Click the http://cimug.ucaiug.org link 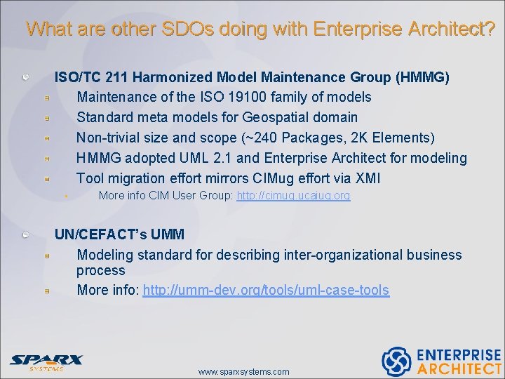293,196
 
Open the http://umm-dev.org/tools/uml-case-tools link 266,291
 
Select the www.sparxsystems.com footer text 243,371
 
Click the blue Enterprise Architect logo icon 396,361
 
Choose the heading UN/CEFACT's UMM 119,234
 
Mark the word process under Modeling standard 100,271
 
